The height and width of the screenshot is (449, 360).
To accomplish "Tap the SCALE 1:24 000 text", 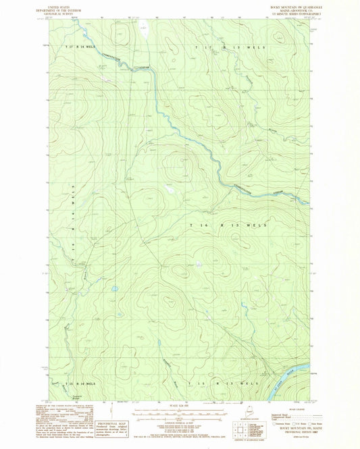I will pyautogui.click(x=179, y=405).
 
